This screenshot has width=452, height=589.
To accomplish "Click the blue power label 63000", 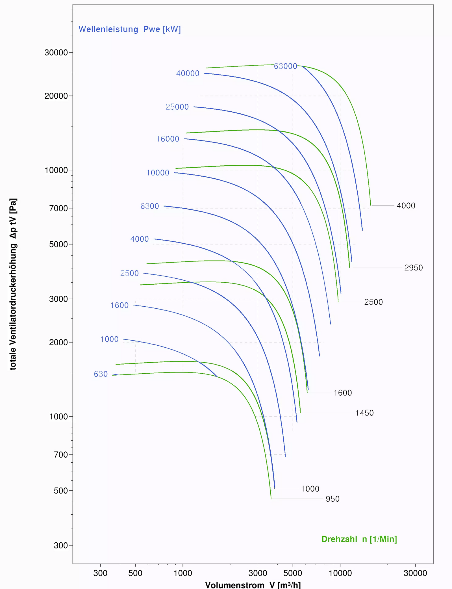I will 285,66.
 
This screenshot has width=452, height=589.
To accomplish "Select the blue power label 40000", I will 188,73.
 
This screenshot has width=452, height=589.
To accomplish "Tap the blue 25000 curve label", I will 177,107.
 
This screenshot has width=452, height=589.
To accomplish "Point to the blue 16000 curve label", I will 168,139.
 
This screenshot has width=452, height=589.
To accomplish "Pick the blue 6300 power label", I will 150,206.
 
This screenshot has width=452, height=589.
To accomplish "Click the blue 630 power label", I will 101,374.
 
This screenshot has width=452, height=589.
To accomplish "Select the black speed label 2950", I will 413,268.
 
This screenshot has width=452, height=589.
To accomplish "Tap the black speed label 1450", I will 364,413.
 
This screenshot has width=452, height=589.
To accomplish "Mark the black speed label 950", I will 333,499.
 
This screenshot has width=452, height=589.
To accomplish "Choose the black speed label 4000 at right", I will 406,206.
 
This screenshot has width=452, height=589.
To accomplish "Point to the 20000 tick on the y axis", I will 56,96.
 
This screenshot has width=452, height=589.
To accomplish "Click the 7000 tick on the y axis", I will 58,208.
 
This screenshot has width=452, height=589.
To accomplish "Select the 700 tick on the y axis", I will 61,455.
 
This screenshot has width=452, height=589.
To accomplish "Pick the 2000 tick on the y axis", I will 58,342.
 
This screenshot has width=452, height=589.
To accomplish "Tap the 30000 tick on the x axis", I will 415,573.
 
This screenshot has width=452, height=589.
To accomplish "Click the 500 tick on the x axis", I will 135,573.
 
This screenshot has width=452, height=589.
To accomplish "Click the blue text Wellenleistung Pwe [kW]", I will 130,29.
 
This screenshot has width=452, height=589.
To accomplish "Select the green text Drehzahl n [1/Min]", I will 359,539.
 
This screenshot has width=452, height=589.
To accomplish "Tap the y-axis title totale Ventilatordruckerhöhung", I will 13,284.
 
